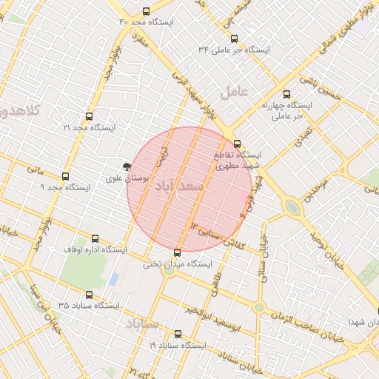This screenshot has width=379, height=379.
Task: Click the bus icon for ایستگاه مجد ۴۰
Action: (x=146, y=11)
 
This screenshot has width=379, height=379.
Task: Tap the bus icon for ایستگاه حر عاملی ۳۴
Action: (x=235, y=38)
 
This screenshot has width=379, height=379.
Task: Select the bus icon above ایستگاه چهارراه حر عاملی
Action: (x=286, y=94)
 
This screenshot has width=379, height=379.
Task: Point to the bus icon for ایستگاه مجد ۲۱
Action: (x=90, y=117)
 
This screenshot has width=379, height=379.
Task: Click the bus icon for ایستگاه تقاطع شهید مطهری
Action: (x=237, y=144)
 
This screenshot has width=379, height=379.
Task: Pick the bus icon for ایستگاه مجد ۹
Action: (x=65, y=177)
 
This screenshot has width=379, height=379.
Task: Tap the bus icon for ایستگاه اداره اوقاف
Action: (x=95, y=239)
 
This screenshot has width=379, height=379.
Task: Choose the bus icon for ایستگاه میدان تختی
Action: (x=175, y=252)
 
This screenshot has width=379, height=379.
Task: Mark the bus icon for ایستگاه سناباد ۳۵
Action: (x=90, y=295)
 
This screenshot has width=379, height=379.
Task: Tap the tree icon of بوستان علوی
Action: (x=127, y=167)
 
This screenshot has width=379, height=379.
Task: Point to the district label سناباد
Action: (x=142, y=324)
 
